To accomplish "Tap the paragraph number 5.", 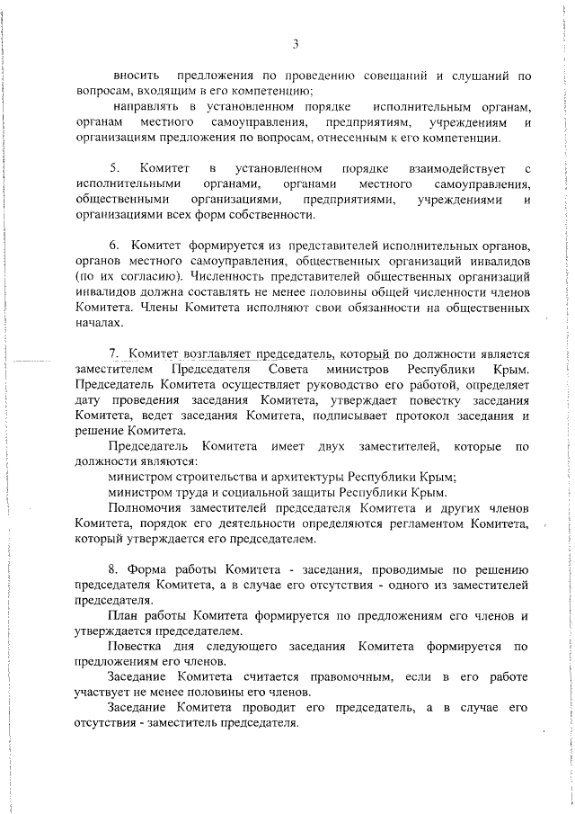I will pos(113,169).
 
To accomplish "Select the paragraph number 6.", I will pos(113,245).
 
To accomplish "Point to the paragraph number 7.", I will pos(113,354).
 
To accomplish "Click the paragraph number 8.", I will pos(113,570).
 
